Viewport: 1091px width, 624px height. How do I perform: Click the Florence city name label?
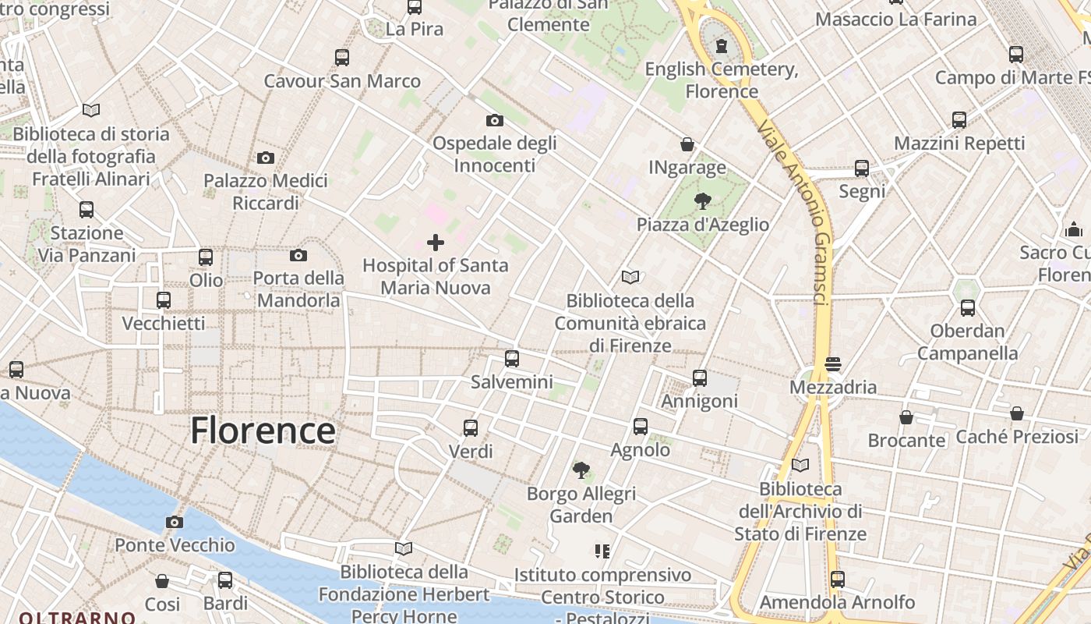[263, 431]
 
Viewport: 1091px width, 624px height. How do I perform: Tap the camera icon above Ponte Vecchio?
[175, 522]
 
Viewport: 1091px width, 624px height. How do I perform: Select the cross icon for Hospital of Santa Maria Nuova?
[436, 243]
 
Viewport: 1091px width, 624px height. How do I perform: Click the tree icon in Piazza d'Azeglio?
[702, 201]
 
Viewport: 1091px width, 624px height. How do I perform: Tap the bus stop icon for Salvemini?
[511, 359]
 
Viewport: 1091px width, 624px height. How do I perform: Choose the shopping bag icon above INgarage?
[687, 144]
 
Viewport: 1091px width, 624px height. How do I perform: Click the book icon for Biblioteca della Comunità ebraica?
[630, 277]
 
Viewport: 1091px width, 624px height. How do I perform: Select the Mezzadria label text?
[833, 387]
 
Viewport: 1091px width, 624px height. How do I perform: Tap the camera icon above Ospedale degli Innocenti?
[494, 120]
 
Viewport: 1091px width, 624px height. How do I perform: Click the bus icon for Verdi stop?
[471, 427]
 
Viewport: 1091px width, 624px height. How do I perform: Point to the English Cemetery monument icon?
[721, 45]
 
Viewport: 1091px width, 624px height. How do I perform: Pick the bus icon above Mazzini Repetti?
[959, 120]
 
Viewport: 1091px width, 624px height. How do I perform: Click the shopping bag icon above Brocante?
[906, 417]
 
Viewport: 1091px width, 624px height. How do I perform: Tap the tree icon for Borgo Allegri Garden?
[581, 470]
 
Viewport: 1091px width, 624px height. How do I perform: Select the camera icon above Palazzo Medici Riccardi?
[265, 158]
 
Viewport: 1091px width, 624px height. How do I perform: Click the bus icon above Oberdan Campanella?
[967, 307]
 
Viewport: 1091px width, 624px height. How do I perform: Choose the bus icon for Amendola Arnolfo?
[838, 580]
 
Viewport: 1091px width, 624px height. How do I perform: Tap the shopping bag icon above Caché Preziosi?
[1017, 413]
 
